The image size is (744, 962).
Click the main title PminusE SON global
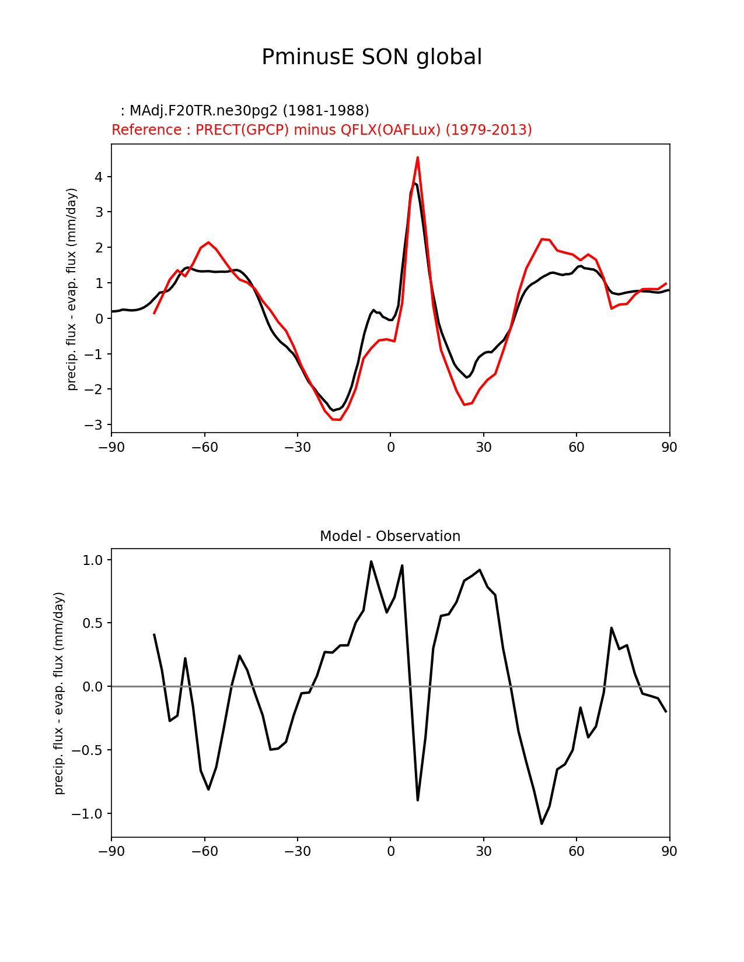pyautogui.click(x=372, y=57)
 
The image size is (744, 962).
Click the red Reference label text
pyautogui.click(x=322, y=129)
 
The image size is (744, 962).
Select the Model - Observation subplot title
pyautogui.click(x=390, y=536)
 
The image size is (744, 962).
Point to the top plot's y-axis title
pyautogui.click(x=72, y=289)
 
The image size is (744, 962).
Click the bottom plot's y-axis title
pyautogui.click(x=59, y=693)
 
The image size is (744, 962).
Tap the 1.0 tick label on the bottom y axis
pyautogui.click(x=92, y=560)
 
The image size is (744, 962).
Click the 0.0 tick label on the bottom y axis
pyautogui.click(x=92, y=687)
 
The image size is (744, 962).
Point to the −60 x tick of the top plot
pyautogui.click(x=204, y=447)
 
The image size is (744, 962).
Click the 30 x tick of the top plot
pyautogui.click(x=483, y=447)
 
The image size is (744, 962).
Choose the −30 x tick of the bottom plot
pyautogui.click(x=297, y=851)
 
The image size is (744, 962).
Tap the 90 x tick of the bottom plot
pyautogui.click(x=669, y=851)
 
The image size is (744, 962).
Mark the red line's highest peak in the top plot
pyautogui.click(x=418, y=157)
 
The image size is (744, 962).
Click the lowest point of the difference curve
pyautogui.click(x=542, y=824)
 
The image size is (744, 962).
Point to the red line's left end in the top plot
pyautogui.click(x=154, y=314)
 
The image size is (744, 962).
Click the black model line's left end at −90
pyautogui.click(x=112, y=311)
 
